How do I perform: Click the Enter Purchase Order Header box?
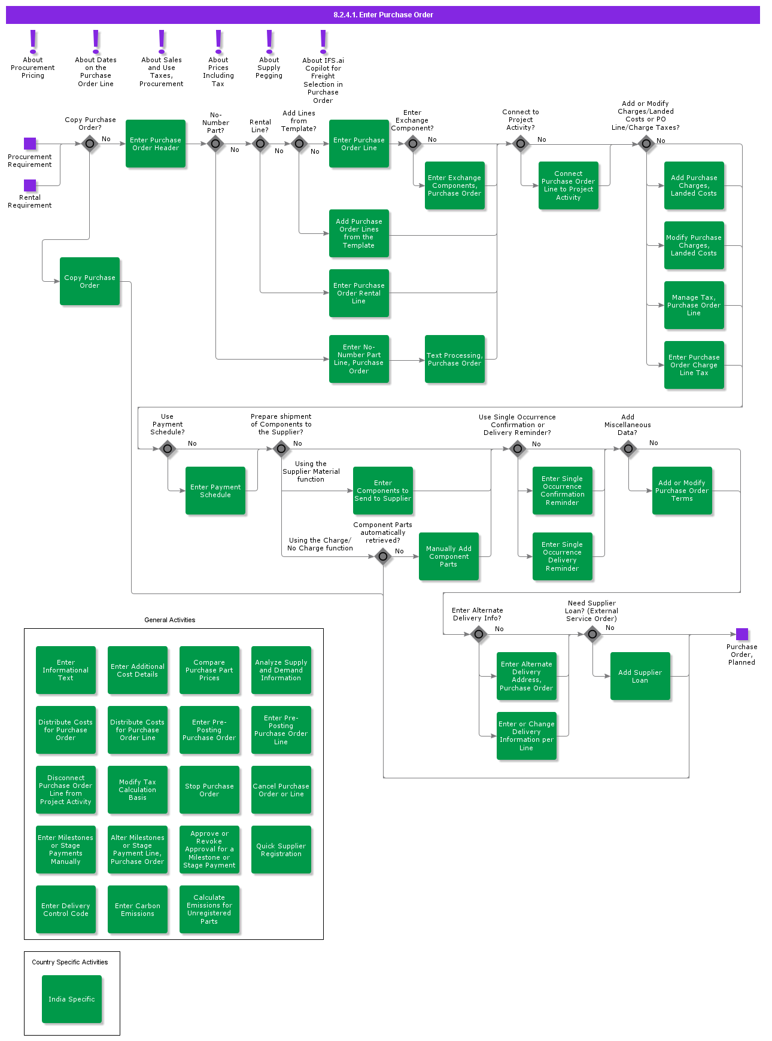(156, 144)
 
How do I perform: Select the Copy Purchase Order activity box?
(90, 281)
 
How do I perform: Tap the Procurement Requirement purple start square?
(30, 144)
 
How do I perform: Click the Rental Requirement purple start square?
(30, 185)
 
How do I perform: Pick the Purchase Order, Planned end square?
(741, 634)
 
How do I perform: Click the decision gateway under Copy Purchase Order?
(90, 144)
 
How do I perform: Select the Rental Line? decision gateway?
(260, 144)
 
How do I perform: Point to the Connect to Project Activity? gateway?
(521, 144)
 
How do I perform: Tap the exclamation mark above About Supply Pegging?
(269, 42)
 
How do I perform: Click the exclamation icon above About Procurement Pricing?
(33, 42)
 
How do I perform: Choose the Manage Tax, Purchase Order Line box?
(694, 305)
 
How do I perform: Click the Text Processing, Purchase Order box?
(455, 359)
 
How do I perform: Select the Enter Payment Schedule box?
(215, 491)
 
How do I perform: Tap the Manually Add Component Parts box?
(449, 556)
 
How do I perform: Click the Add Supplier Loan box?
(640, 676)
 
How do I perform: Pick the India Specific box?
(72, 999)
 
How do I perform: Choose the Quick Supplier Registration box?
(281, 850)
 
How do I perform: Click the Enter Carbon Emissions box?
(138, 909)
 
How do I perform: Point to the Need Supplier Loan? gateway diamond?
(592, 634)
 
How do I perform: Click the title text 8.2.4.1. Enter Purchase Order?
(383, 15)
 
